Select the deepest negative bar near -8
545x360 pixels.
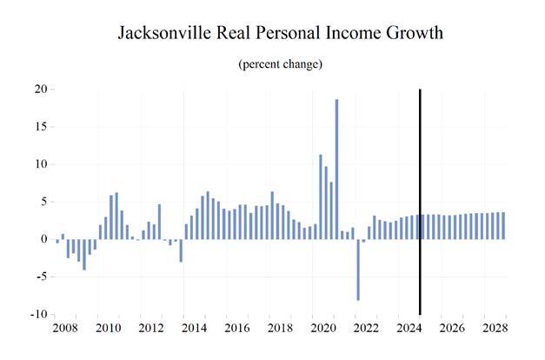[357, 270]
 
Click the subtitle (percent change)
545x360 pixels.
[280, 64]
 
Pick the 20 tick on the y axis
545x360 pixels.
[39, 89]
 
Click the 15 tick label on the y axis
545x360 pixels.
[39, 126]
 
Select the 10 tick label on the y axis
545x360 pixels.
[39, 163]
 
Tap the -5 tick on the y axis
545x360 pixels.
[41, 277]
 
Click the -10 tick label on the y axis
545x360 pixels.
[37, 314]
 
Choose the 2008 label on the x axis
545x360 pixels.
[65, 328]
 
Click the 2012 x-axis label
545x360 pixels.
[151, 328]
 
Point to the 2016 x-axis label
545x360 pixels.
[236, 328]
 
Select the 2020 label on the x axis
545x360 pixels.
[322, 328]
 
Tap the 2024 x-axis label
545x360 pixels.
[408, 328]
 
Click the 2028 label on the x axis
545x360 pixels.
[493, 328]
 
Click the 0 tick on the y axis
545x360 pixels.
[43, 239]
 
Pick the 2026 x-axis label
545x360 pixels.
[451, 328]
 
